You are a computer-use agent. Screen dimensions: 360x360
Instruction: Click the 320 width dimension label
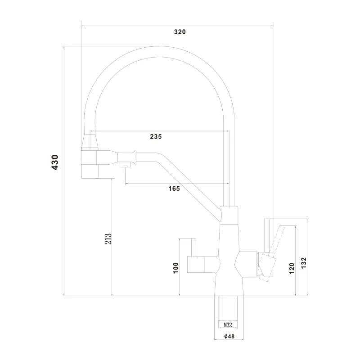(180, 32)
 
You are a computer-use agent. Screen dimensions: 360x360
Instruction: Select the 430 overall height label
(55, 162)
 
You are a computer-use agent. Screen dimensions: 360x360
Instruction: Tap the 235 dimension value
(156, 137)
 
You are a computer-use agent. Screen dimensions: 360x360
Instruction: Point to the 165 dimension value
(174, 189)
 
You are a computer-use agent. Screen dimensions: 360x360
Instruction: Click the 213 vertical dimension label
(108, 238)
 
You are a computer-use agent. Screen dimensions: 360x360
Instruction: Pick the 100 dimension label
(175, 268)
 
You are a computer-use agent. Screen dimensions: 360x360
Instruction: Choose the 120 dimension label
(292, 268)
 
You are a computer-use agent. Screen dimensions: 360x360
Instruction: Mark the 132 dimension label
(303, 263)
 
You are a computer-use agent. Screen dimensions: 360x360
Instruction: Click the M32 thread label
(228, 325)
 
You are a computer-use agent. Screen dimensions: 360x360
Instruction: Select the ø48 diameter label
(229, 336)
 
